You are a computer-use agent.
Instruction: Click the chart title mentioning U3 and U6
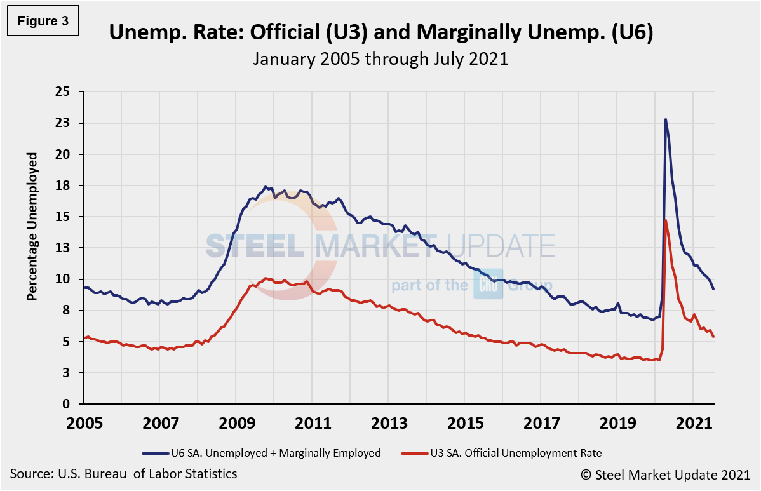(380, 33)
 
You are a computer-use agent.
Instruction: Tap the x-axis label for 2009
(236, 423)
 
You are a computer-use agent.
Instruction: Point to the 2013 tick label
(388, 423)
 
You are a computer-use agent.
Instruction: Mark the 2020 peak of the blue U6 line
(665, 119)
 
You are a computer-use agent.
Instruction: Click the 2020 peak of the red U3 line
(665, 220)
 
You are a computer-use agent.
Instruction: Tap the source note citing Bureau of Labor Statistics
(124, 474)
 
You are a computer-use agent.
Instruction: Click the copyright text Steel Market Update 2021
(673, 474)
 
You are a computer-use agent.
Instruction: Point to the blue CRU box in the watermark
(488, 285)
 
